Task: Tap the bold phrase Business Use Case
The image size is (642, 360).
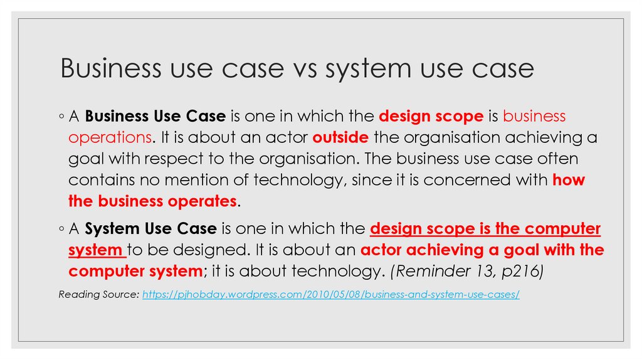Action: point(155,117)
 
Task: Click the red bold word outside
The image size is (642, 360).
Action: point(340,137)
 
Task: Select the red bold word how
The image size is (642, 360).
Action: point(569,181)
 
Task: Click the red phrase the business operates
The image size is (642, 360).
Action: point(152,201)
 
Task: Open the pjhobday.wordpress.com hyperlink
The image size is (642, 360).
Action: point(331,294)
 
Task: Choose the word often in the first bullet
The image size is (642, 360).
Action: point(556,159)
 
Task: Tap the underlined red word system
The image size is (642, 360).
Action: point(96,250)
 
